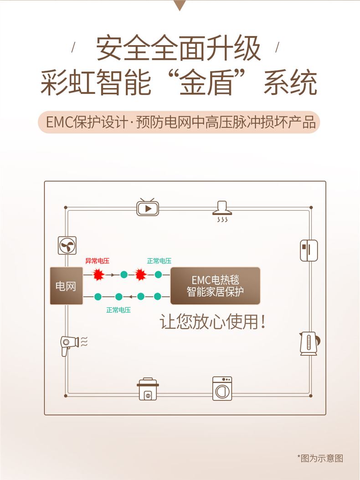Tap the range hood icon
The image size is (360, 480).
coord(222,211)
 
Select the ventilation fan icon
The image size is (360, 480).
coord(67,246)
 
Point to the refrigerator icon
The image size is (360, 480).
coord(309,250)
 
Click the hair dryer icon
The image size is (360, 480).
coord(73,346)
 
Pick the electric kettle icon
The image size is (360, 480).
coord(309,344)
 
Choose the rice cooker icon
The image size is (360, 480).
coord(148,389)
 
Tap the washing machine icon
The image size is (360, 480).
coord(222,388)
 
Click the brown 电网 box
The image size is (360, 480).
coord(67,286)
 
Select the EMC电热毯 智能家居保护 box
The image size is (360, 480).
coord(215,286)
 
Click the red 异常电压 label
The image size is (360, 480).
coord(97,261)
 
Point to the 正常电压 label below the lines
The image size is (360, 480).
coord(118,310)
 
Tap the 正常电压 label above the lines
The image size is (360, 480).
coord(159,261)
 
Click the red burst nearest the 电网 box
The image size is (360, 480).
coord(98,274)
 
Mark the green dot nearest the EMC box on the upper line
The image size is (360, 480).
coord(158,274)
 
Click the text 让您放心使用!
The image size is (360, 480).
coord(212,322)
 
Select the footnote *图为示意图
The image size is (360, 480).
coord(320,458)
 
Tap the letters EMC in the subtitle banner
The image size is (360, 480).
coord(60,122)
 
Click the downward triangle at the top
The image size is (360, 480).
coord(180,5)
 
